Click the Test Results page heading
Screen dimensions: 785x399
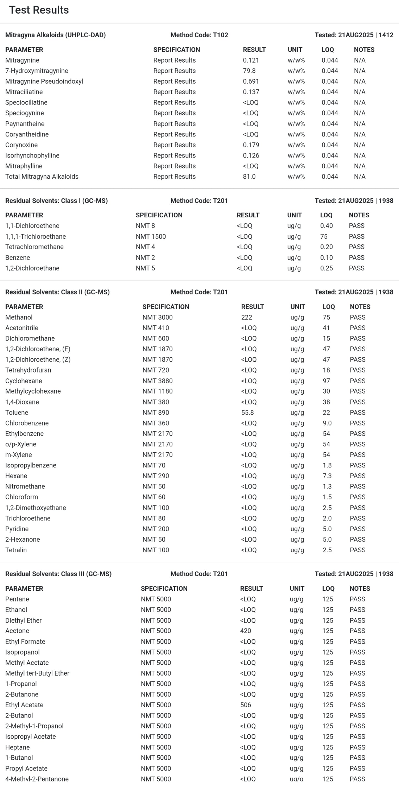tap(39, 10)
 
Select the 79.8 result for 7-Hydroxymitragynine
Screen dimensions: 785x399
tap(249, 71)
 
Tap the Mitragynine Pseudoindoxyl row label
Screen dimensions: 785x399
tap(44, 81)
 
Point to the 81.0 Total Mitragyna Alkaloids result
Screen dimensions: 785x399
tap(249, 177)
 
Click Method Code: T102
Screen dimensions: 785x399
tap(199, 35)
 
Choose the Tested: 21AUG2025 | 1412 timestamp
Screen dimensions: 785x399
tap(354, 35)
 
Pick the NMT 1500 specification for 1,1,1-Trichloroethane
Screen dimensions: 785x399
tap(151, 236)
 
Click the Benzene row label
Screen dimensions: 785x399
tap(18, 257)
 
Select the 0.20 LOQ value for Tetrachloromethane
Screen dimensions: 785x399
tap(326, 247)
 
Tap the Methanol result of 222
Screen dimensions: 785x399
tap(247, 317)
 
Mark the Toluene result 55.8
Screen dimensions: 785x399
tap(247, 413)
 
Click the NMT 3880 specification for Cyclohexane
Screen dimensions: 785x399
tap(157, 381)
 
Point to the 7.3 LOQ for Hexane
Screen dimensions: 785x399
tap(327, 476)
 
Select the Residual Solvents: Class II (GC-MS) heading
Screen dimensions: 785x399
tap(57, 292)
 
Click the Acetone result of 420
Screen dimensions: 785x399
tap(246, 631)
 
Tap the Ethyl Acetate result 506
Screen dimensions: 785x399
tap(246, 705)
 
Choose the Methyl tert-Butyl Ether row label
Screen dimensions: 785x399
tap(37, 673)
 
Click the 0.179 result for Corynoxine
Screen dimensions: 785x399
tap(251, 145)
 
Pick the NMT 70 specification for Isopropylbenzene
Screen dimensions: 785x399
tap(154, 465)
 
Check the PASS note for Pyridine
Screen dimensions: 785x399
tap(357, 529)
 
